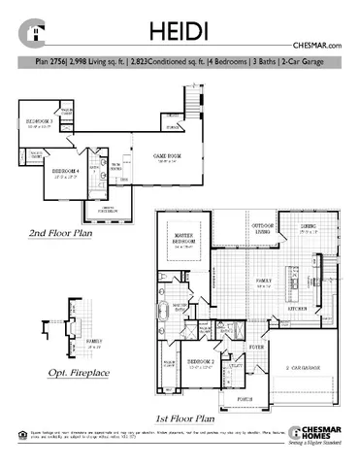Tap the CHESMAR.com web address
318,47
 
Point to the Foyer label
258,345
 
